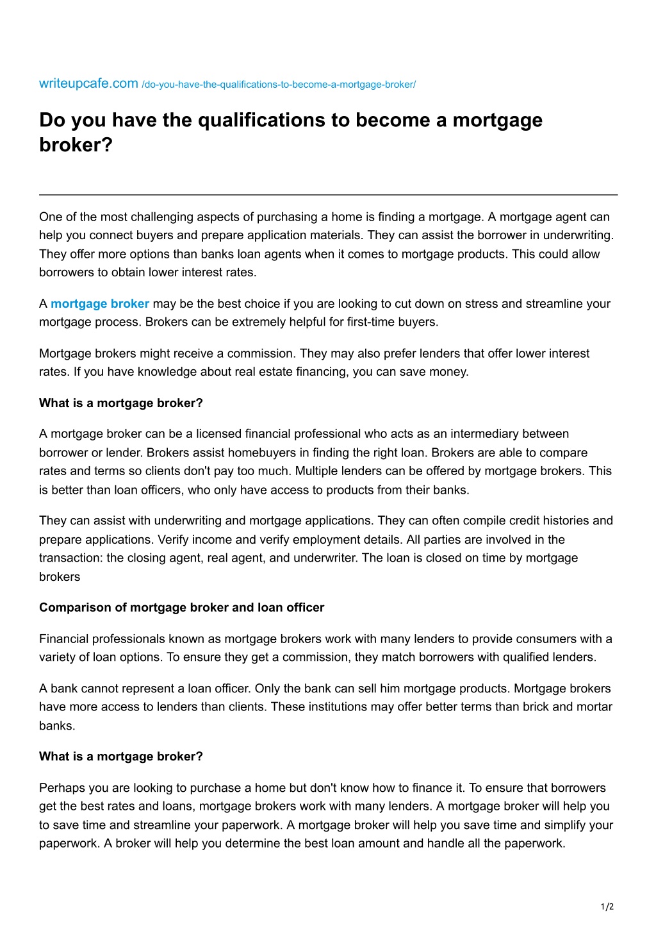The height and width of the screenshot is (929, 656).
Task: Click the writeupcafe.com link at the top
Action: click(x=88, y=83)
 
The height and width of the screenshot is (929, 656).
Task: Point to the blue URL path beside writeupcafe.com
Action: click(x=279, y=85)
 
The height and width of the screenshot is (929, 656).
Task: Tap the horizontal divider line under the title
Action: click(x=328, y=194)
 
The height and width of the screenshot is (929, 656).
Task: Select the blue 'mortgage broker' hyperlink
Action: click(x=100, y=304)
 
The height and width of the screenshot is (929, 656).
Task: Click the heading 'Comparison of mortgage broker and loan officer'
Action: click(x=181, y=608)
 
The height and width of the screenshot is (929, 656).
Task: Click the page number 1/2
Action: click(x=607, y=907)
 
